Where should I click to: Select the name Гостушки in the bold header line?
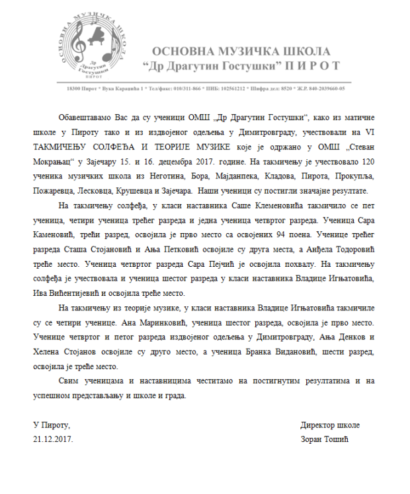[x=251, y=65]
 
